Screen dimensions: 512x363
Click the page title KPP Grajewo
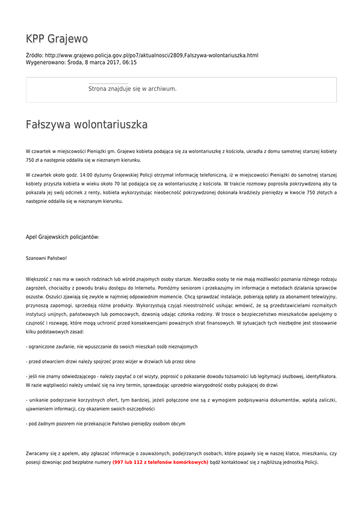(x=57, y=39)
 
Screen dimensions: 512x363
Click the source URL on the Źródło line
(x=151, y=55)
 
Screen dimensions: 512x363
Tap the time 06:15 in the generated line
(x=129, y=62)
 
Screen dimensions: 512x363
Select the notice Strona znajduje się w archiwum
(x=132, y=88)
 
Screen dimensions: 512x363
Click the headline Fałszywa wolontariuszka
(x=87, y=124)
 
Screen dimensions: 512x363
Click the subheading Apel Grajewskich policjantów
(x=62, y=236)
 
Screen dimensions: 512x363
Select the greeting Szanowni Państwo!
(x=46, y=258)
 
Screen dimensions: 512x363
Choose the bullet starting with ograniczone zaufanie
(x=112, y=346)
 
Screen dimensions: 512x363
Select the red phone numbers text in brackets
(x=160, y=462)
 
